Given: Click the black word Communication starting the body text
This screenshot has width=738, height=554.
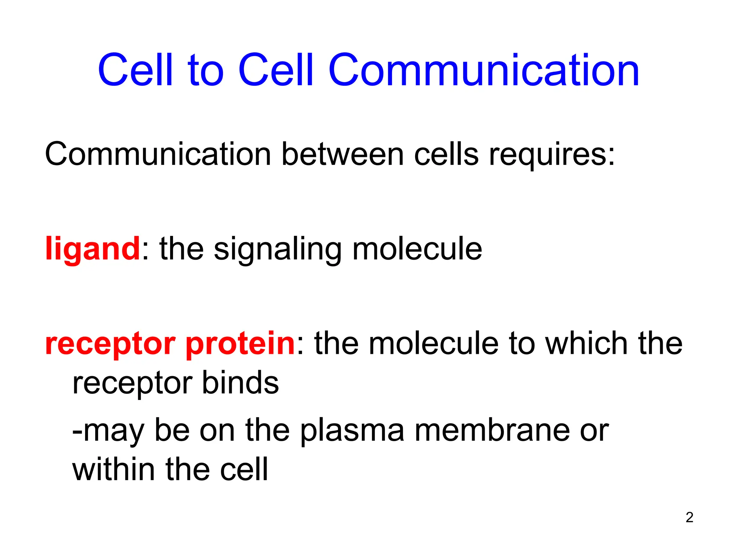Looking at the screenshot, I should pyautogui.click(x=158, y=154).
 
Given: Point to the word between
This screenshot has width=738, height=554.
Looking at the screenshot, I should pyautogui.click(x=342, y=154).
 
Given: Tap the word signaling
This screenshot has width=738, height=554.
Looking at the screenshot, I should pyautogui.click(x=277, y=249).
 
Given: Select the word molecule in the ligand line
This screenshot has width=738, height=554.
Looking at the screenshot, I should pyautogui.click(x=417, y=249).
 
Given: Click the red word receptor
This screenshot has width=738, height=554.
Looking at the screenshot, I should pyautogui.click(x=110, y=344).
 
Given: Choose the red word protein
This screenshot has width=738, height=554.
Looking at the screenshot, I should pyautogui.click(x=240, y=344).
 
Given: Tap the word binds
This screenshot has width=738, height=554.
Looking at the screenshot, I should pyautogui.click(x=240, y=382).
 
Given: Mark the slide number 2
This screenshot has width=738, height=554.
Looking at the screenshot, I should pyautogui.click(x=689, y=518).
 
